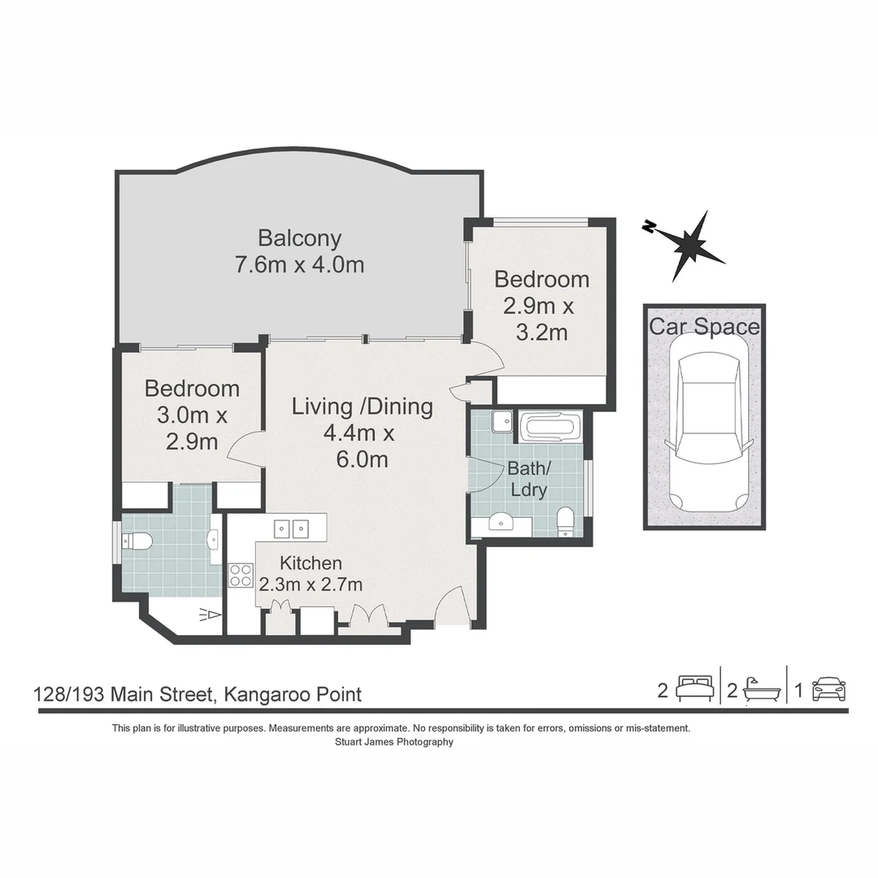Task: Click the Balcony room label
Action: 299,238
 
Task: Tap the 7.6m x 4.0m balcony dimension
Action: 299,264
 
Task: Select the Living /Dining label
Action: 363,407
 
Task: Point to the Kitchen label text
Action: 311,563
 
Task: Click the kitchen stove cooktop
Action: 241,576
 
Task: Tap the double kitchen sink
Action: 292,528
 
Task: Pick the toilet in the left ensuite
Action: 137,541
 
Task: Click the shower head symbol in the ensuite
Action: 210,615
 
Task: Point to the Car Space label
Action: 704,327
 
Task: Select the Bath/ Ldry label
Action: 528,479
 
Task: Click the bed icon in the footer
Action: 695,689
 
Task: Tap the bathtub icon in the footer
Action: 762,690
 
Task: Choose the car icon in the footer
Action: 828,689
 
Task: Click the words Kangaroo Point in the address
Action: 293,695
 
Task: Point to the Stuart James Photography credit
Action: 394,742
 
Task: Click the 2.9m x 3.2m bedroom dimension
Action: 540,319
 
